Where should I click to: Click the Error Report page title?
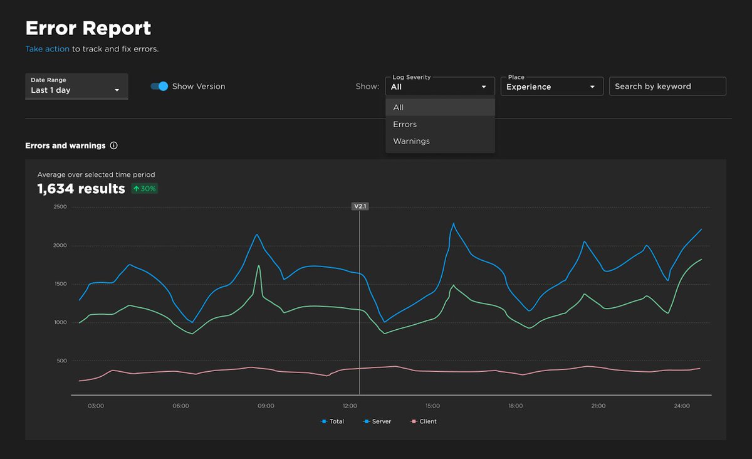click(x=88, y=28)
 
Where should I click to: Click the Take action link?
click(x=47, y=49)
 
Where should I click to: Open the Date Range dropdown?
click(x=76, y=86)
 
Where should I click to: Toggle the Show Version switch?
click(x=160, y=87)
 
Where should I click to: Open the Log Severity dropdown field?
click(x=439, y=87)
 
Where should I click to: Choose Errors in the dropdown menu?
click(x=405, y=124)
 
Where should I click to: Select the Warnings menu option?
click(x=411, y=141)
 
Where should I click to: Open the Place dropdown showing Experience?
click(x=551, y=87)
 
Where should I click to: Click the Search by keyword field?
click(x=667, y=87)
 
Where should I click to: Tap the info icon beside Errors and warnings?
click(x=113, y=145)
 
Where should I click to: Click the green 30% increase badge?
click(x=145, y=189)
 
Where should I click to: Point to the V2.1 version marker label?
click(x=360, y=206)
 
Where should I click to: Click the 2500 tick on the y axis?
click(x=61, y=207)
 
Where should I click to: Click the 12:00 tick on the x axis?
click(x=350, y=406)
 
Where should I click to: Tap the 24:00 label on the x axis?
click(x=682, y=406)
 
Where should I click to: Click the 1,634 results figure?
click(x=81, y=189)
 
